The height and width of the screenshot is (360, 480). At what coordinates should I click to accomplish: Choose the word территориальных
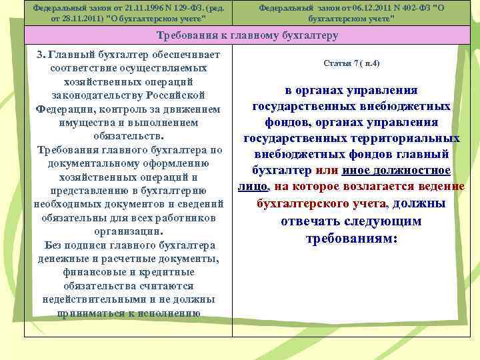pyautogui.click(x=409, y=138)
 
